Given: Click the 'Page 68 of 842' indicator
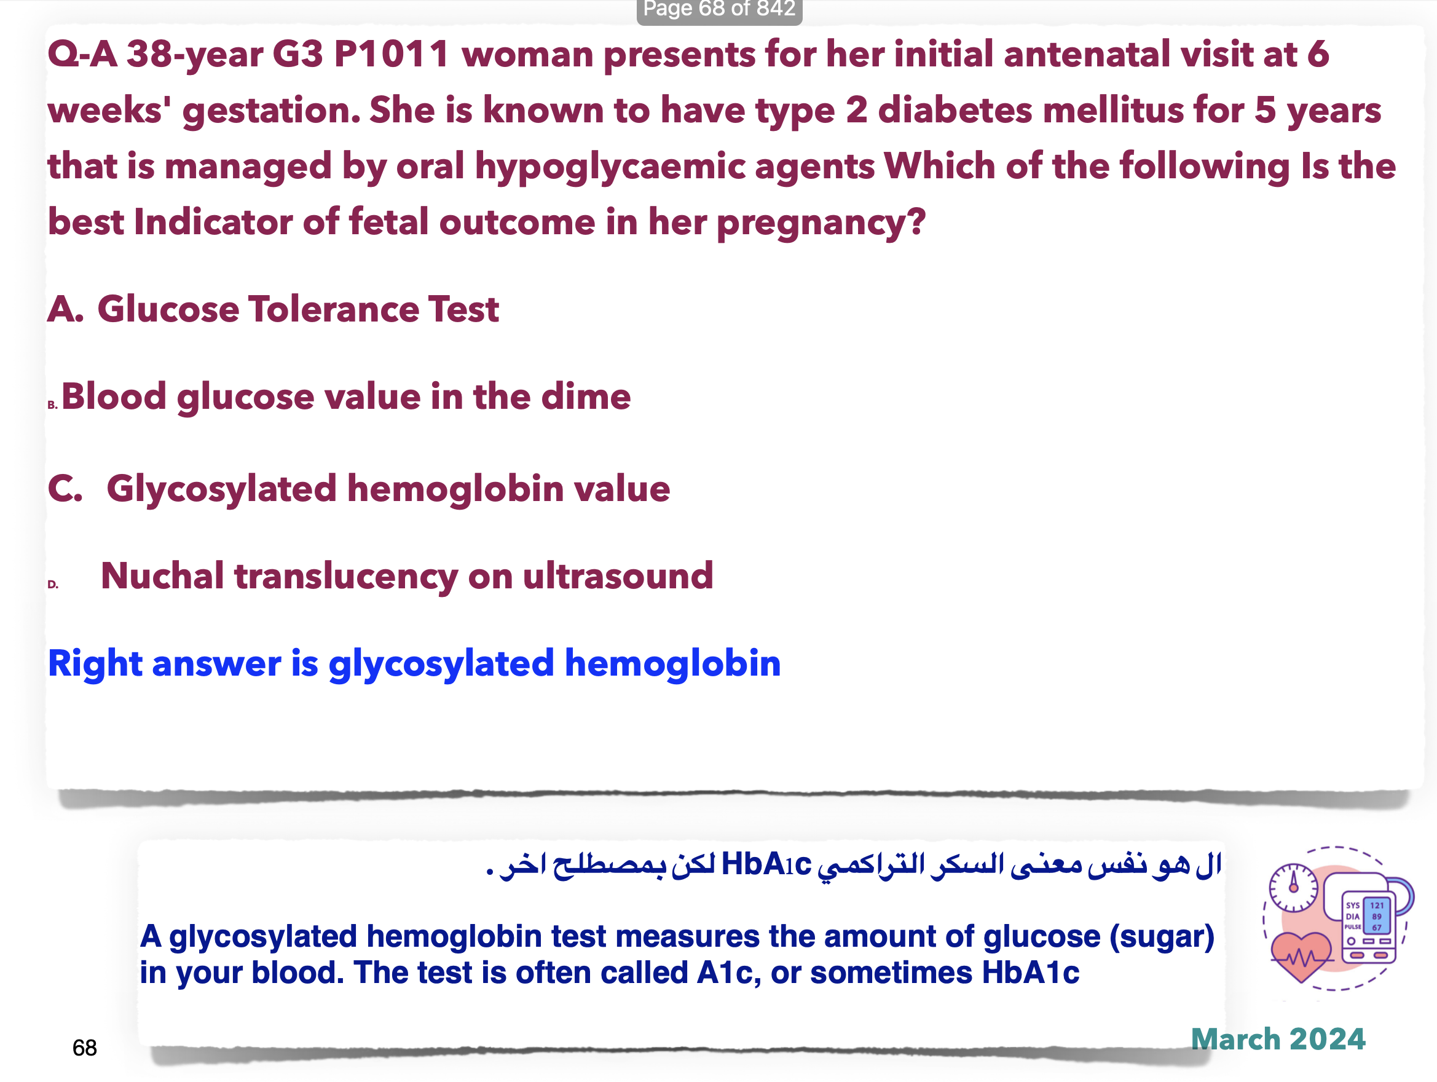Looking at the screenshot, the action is [x=719, y=9].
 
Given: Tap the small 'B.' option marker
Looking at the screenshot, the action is [x=53, y=405].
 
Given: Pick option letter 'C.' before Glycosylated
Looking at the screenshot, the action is [x=66, y=489].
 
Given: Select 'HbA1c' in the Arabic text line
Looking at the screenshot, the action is [x=766, y=864].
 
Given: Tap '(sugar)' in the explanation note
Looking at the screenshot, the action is [x=1162, y=937].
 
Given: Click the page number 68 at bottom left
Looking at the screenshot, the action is [x=84, y=1048].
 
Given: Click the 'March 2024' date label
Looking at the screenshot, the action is [x=1278, y=1039].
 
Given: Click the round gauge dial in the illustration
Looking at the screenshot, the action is [x=1293, y=888].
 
